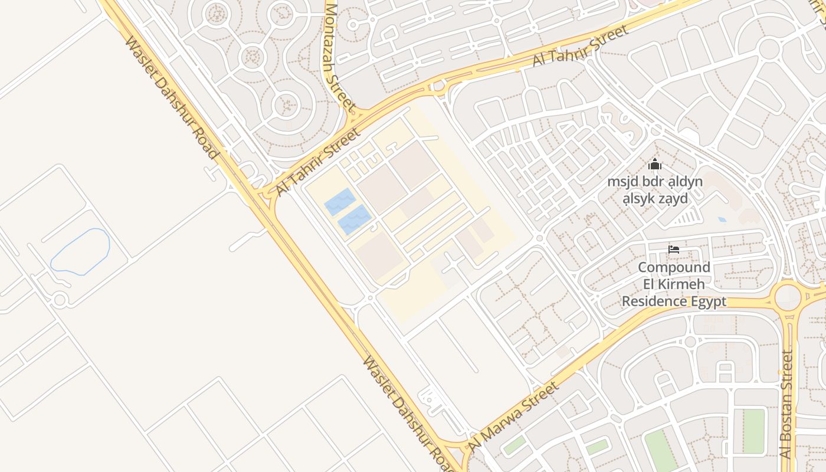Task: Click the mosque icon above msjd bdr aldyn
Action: point(655,164)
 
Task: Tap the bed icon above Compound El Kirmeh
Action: point(674,250)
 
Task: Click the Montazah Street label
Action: point(339,58)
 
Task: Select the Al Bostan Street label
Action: point(786,404)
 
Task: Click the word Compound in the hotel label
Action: point(674,267)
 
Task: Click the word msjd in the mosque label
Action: point(623,181)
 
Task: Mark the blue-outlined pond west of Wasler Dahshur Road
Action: point(81,251)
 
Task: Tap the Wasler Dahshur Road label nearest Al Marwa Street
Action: point(408,414)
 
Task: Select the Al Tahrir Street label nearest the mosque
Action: point(581,46)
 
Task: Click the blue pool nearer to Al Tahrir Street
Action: point(340,202)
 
